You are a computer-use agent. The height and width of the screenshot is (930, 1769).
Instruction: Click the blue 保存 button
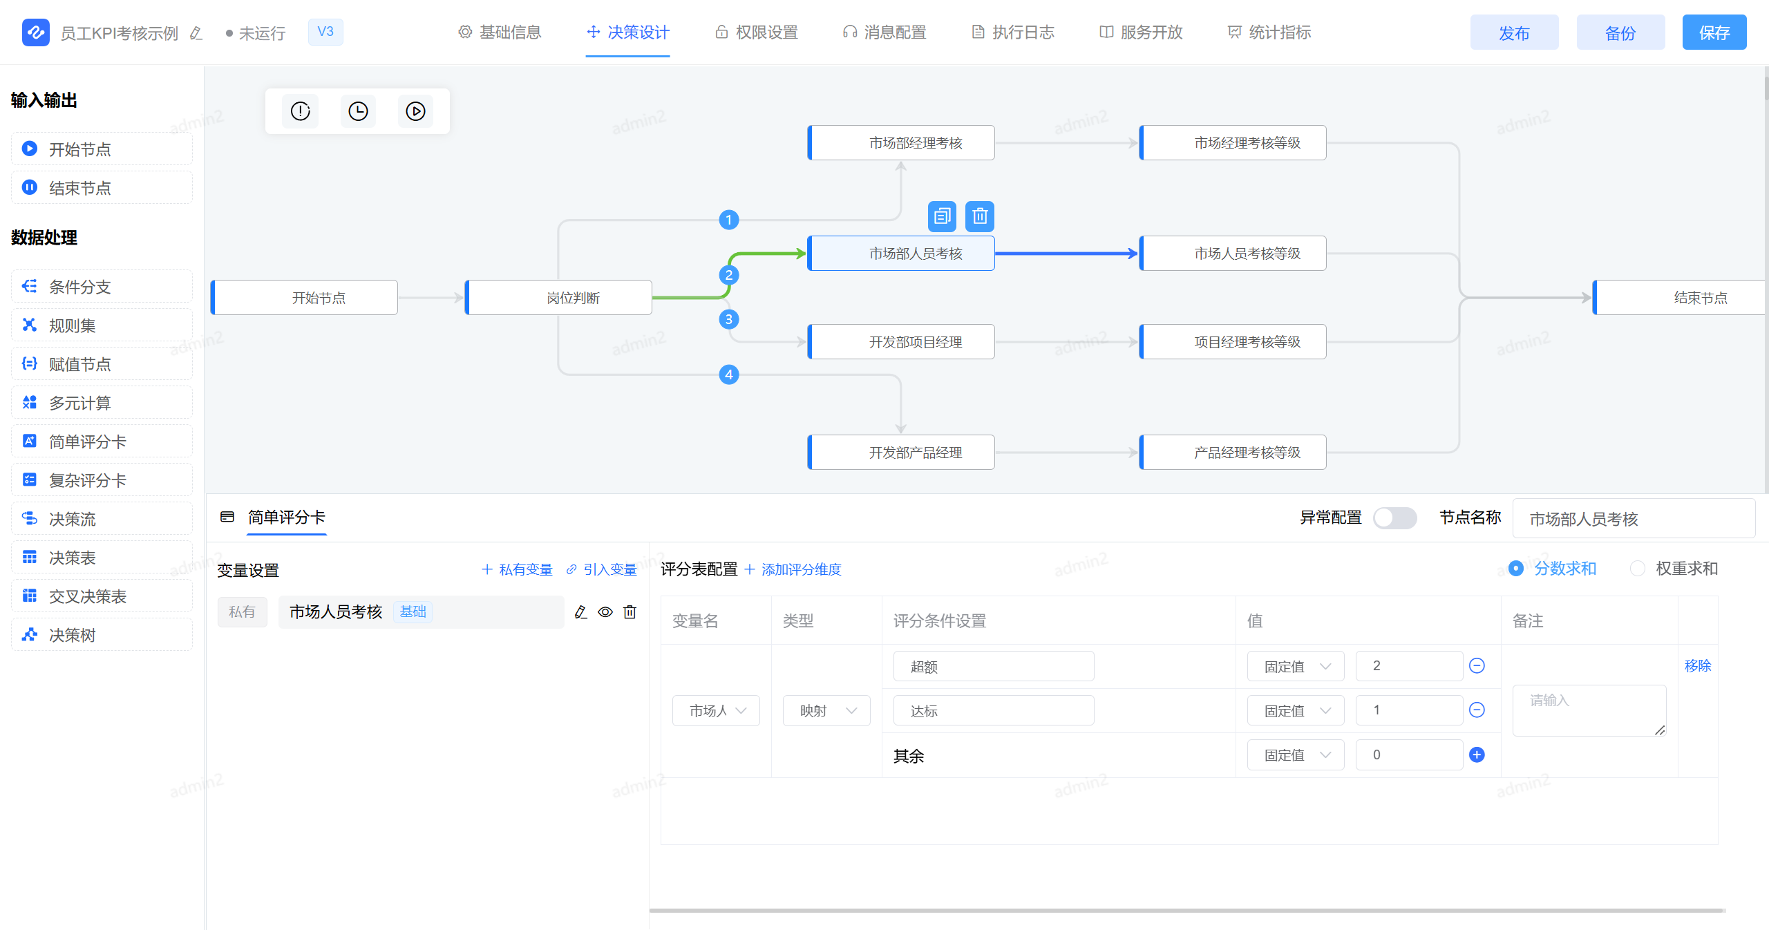(1714, 32)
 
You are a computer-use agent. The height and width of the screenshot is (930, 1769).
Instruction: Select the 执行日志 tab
(1013, 32)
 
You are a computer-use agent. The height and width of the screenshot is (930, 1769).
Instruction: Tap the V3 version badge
(325, 32)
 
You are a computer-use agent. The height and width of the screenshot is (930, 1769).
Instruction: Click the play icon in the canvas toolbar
(415, 111)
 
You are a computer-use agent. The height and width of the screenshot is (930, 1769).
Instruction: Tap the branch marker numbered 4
(728, 374)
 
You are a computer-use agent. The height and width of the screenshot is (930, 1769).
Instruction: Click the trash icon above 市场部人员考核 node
(979, 216)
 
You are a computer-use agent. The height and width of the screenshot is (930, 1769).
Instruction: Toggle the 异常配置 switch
(1394, 518)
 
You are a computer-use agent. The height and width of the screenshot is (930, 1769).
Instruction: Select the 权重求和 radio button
(1637, 569)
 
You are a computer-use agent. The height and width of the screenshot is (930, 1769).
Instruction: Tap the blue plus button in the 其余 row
(1477, 755)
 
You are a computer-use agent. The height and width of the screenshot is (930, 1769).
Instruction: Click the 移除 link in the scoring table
(1697, 665)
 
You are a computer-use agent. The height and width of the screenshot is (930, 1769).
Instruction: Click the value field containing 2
(1408, 666)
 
